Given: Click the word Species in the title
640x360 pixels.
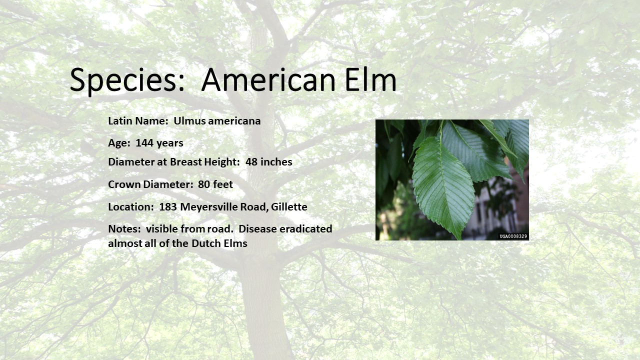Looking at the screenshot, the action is click(x=127, y=80).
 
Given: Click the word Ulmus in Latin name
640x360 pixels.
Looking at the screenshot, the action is click(x=189, y=121).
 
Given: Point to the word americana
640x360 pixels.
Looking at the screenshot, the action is click(x=234, y=121).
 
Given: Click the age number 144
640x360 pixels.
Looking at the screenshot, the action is click(x=144, y=143).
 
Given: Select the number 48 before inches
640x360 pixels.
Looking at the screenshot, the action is click(x=251, y=162).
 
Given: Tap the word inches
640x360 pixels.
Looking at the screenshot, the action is click(x=276, y=162).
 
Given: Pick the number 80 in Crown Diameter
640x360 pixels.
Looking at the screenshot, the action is click(x=204, y=184).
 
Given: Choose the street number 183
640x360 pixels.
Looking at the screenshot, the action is click(x=168, y=207).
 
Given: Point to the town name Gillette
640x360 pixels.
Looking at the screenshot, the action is click(x=289, y=207).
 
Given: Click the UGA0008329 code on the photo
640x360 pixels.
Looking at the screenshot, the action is click(x=513, y=236).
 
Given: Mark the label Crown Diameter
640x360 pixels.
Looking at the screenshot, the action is click(x=150, y=184).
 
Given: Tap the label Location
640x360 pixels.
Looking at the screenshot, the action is click(x=131, y=207).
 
